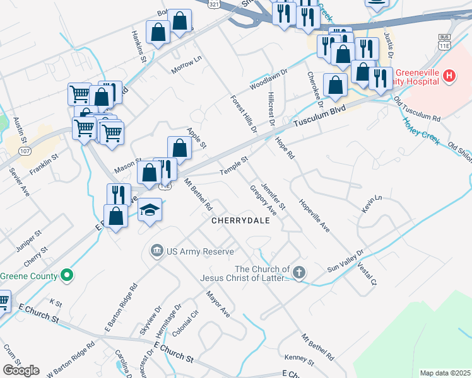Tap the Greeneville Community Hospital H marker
tap(449, 76)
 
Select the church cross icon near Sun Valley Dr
tap(299, 273)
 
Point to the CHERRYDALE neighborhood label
tap(240, 221)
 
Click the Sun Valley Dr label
tap(345, 261)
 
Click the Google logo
tap(21, 370)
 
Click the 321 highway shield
tap(215, 4)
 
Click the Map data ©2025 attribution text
tap(445, 373)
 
